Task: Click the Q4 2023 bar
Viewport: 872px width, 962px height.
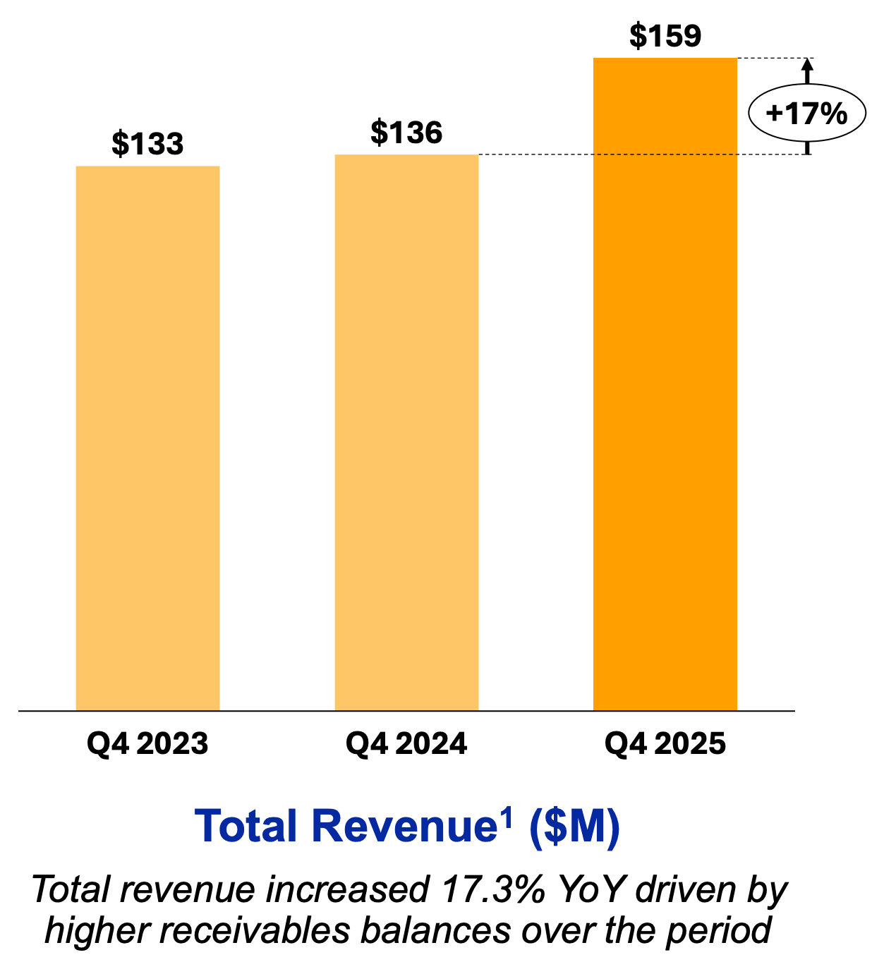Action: pos(147,437)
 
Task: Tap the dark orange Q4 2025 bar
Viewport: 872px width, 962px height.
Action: pos(665,384)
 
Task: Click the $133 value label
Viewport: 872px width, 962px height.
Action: pos(147,144)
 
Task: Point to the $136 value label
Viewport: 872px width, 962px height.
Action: pos(406,133)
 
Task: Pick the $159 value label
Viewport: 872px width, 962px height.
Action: pos(665,36)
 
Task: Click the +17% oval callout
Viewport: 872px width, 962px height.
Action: pos(806,113)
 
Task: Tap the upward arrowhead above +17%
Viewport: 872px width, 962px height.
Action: pos(808,64)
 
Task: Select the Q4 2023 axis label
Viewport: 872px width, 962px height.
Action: pos(147,744)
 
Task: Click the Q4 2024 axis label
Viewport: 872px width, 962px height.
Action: pos(406,744)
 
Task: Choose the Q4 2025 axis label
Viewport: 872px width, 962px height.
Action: pos(665,744)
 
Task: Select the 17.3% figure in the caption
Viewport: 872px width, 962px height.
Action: pos(492,890)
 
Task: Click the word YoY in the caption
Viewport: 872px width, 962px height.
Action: pos(591,890)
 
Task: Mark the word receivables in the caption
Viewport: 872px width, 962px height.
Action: pos(260,931)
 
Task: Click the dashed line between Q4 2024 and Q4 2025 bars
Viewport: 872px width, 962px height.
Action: pos(536,154)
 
